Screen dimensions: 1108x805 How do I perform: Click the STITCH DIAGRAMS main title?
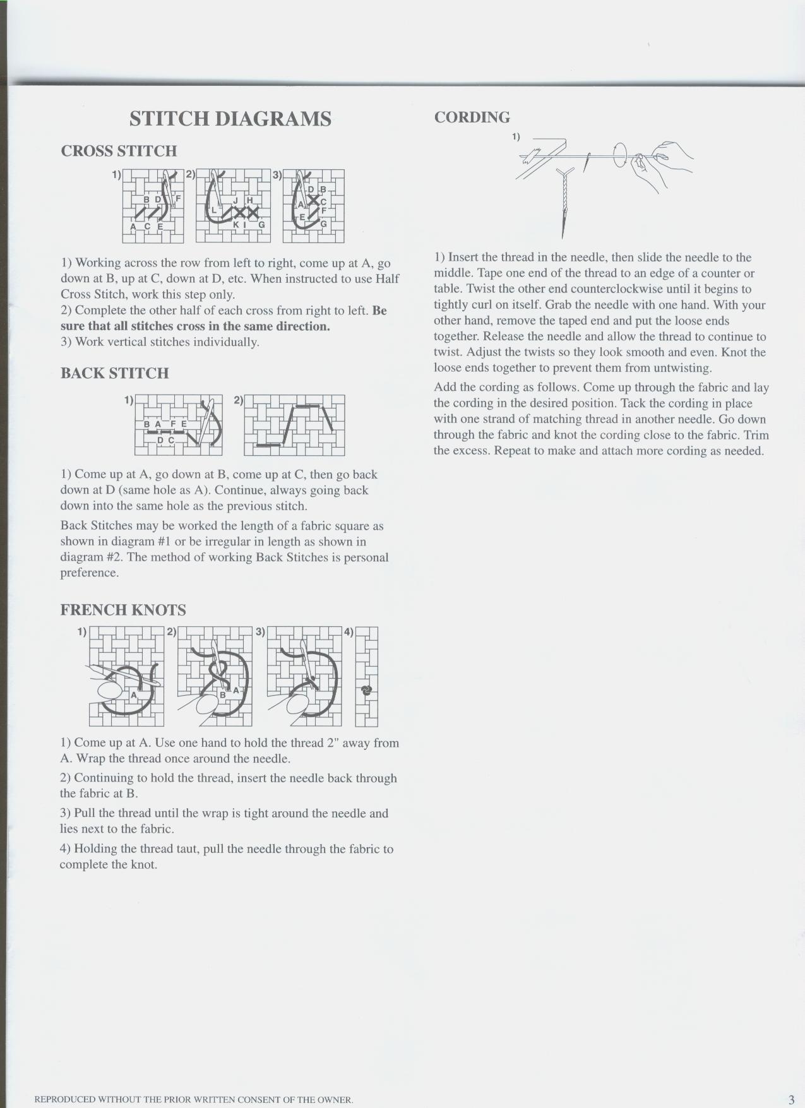[230, 119]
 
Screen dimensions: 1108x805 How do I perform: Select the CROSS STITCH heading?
[119, 151]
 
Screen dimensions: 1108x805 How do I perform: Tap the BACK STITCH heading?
[114, 373]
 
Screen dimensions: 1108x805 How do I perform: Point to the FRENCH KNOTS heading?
[123, 610]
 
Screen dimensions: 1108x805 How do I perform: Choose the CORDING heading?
[472, 117]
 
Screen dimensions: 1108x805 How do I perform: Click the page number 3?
[790, 1099]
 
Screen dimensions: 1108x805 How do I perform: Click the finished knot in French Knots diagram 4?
[366, 690]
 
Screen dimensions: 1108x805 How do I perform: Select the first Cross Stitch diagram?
[153, 206]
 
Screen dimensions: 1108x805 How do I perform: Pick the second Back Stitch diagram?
[294, 425]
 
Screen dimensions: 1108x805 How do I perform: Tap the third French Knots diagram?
[304, 676]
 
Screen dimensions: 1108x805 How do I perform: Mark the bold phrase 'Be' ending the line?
[379, 311]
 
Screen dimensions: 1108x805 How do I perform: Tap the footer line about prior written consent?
[193, 1100]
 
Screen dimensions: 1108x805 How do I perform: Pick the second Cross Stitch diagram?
[233, 206]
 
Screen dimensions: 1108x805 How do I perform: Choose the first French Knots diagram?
[126, 676]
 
